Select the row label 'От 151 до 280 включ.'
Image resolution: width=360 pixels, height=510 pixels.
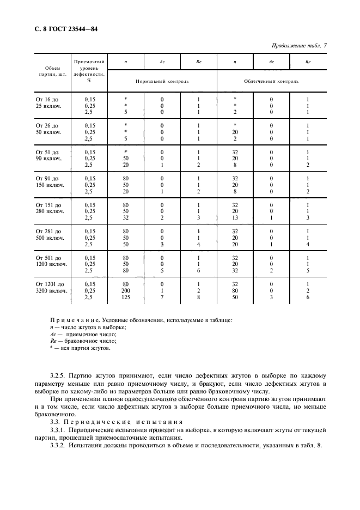(50, 209)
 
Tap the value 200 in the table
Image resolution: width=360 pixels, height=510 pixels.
(126, 291)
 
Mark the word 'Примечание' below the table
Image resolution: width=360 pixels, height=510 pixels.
(73, 320)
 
